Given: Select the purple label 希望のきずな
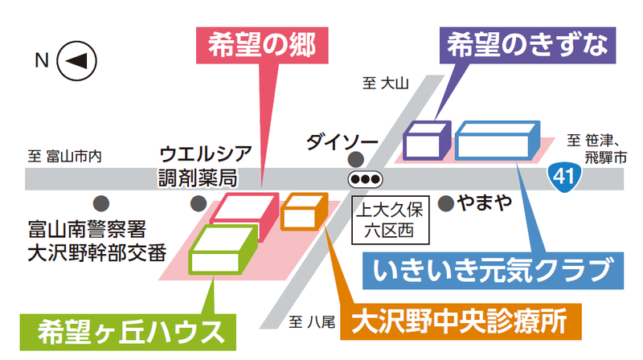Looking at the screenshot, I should pyautogui.click(x=522, y=45).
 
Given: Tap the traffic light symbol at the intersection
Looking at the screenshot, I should pyautogui.click(x=366, y=178).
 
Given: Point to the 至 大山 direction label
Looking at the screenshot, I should pyautogui.click(x=387, y=82).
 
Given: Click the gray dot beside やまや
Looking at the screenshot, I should pyautogui.click(x=446, y=202).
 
